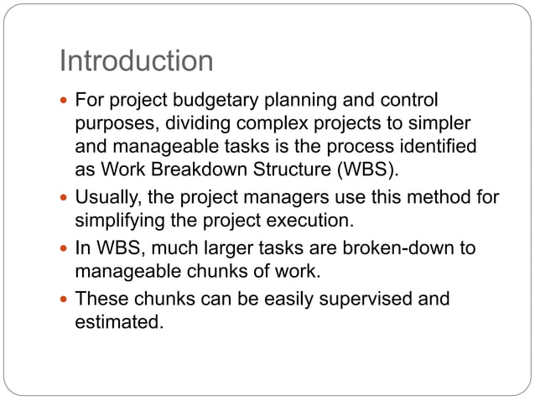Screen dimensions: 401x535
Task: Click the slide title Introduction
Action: click(136, 61)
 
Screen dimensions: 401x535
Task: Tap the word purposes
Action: click(112, 123)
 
